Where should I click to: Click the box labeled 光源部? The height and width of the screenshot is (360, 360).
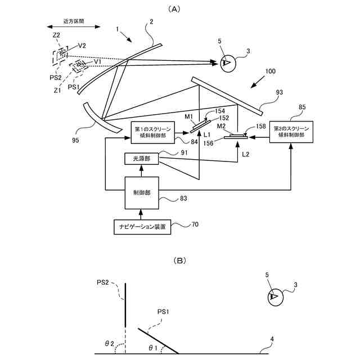click(x=141, y=159)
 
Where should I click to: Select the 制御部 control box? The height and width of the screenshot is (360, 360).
click(x=142, y=193)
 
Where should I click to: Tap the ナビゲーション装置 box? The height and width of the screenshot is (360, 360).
click(x=142, y=227)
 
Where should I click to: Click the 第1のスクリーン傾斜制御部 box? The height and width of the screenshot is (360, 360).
click(x=152, y=133)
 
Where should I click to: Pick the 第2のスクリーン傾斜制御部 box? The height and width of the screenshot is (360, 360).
click(x=291, y=132)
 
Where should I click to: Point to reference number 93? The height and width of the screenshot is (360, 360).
click(x=280, y=92)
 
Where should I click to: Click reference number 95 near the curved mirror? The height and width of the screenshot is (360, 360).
click(x=75, y=140)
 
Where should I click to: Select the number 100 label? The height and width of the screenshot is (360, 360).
click(x=270, y=71)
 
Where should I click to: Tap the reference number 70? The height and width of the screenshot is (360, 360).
click(x=195, y=224)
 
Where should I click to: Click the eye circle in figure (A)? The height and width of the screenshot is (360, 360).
click(x=228, y=64)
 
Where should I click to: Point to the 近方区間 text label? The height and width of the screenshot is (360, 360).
click(x=74, y=21)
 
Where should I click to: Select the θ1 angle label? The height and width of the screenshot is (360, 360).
click(x=153, y=348)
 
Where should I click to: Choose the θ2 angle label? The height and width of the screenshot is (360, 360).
click(x=109, y=344)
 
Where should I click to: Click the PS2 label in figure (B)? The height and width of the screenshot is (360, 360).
click(x=102, y=282)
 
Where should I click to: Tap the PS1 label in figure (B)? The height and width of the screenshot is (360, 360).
click(x=163, y=312)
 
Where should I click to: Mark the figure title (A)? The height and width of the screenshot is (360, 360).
click(x=174, y=9)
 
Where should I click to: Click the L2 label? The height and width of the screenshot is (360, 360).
click(x=245, y=154)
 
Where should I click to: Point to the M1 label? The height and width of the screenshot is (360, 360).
click(x=189, y=116)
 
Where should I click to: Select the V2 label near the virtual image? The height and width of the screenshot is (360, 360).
click(x=82, y=46)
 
